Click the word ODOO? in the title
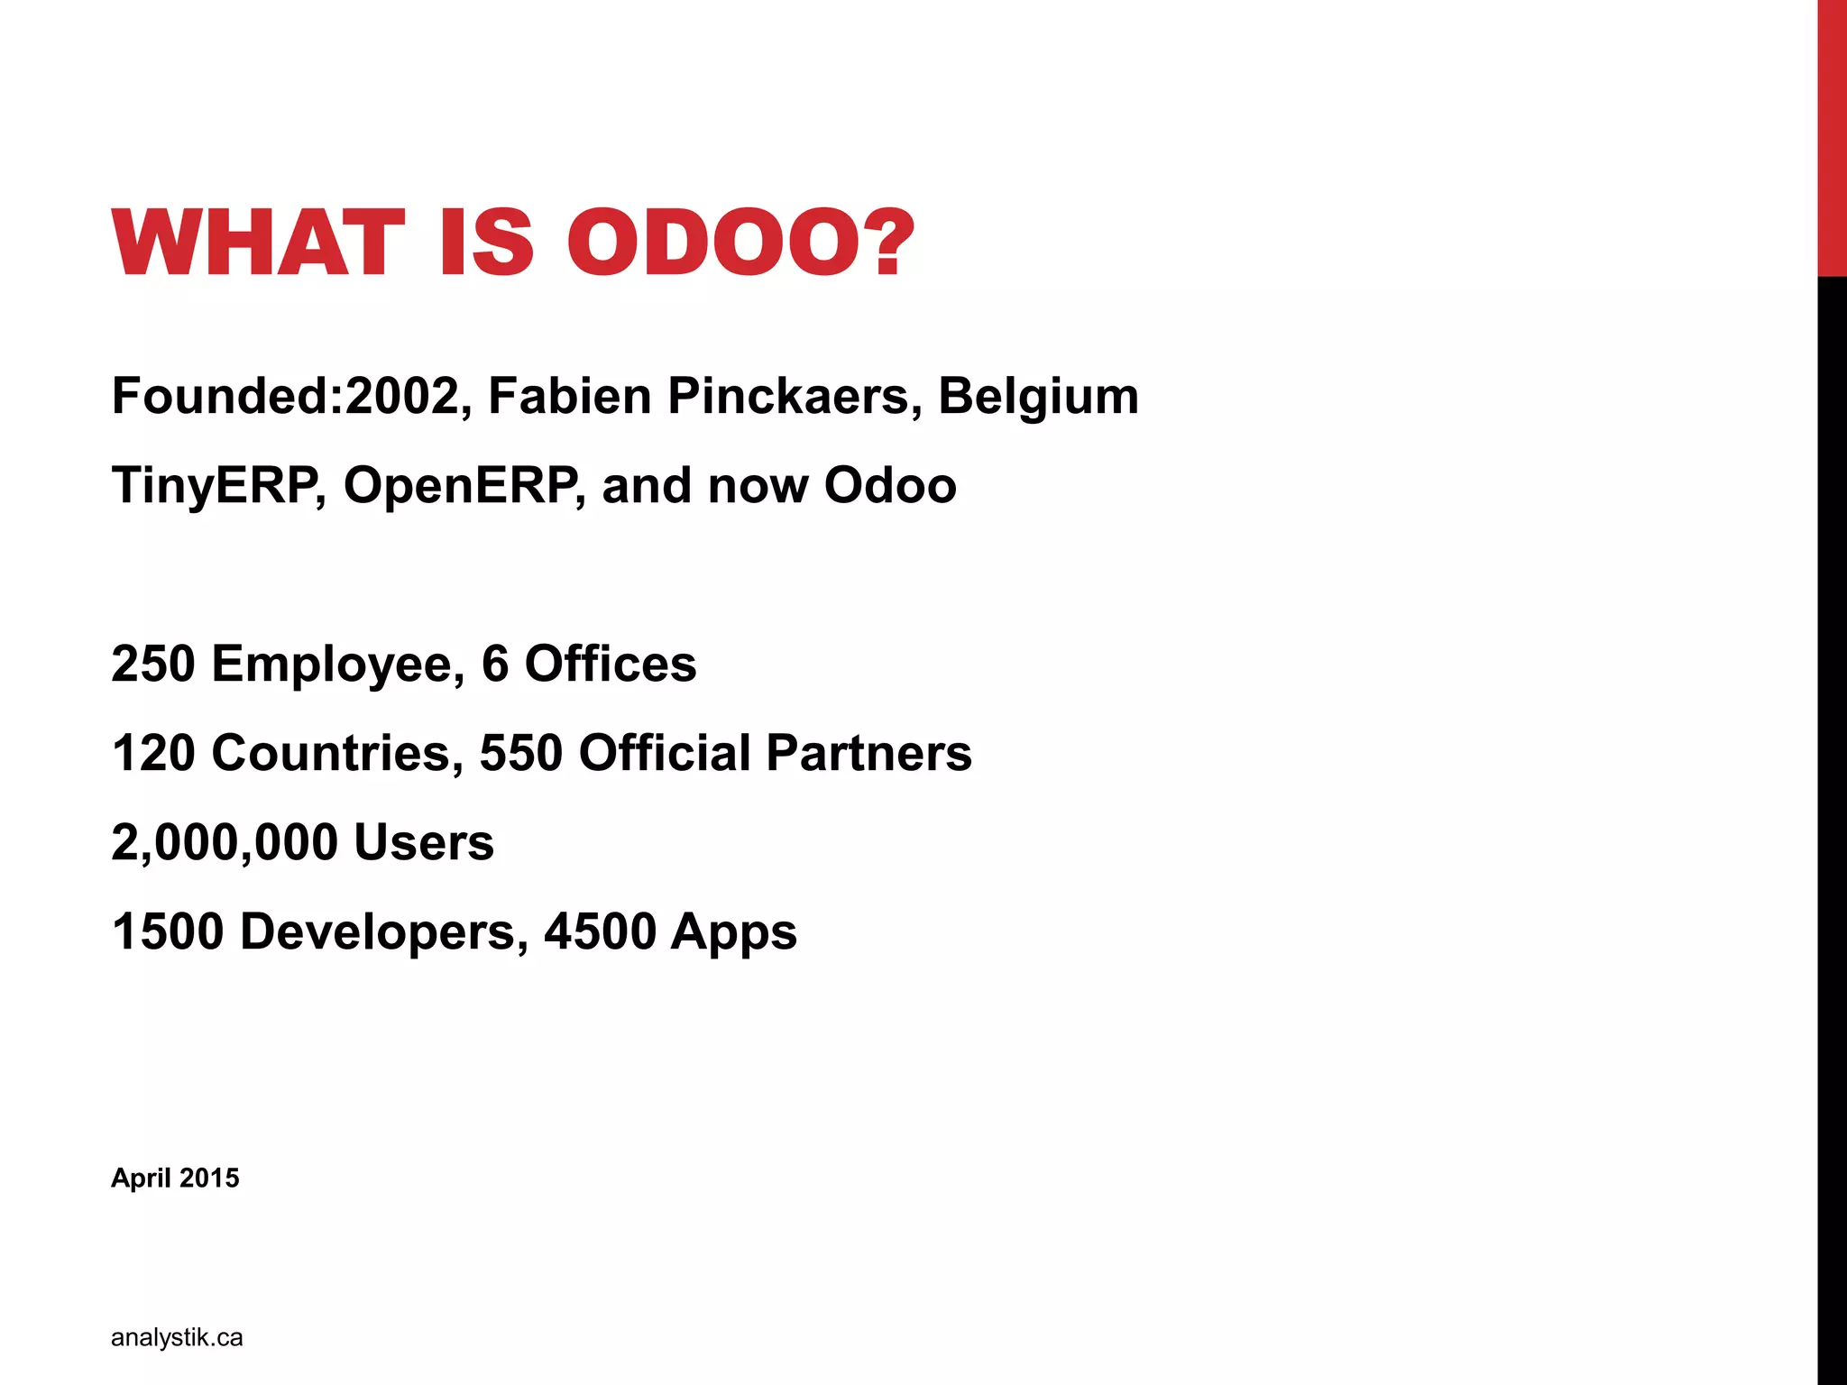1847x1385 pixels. pyautogui.click(x=740, y=242)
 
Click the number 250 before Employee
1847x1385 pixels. pyautogui.click(x=153, y=664)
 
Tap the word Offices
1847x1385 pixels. pyautogui.click(x=611, y=664)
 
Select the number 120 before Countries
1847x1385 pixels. pyautogui.click(x=153, y=753)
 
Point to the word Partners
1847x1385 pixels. pyautogui.click(x=869, y=753)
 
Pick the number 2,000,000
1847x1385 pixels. pyautogui.click(x=224, y=843)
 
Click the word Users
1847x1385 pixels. pyautogui.click(x=424, y=842)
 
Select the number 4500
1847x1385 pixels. pyautogui.click(x=600, y=931)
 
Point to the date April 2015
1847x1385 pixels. pyautogui.click(x=175, y=1179)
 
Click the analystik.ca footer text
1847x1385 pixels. pyautogui.click(x=177, y=1337)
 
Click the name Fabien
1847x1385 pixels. pyautogui.click(x=569, y=397)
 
